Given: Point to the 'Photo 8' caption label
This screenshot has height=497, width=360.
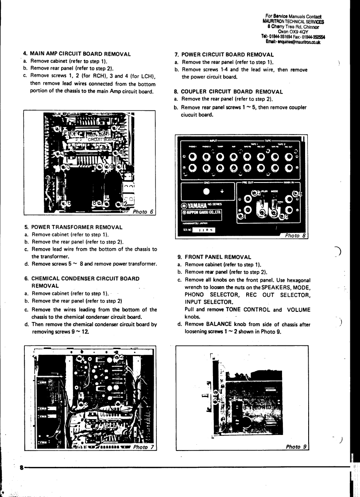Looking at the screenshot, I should [x=295, y=235].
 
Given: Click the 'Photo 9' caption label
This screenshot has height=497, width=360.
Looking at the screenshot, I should [x=296, y=447].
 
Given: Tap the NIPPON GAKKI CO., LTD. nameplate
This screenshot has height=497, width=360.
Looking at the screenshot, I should [x=202, y=214].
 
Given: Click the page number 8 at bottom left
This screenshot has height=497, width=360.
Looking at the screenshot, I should [x=21, y=467].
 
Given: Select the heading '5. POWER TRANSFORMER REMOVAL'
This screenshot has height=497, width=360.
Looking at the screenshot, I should [x=73, y=227].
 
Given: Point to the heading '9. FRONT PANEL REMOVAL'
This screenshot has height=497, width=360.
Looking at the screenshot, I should [x=213, y=256].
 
